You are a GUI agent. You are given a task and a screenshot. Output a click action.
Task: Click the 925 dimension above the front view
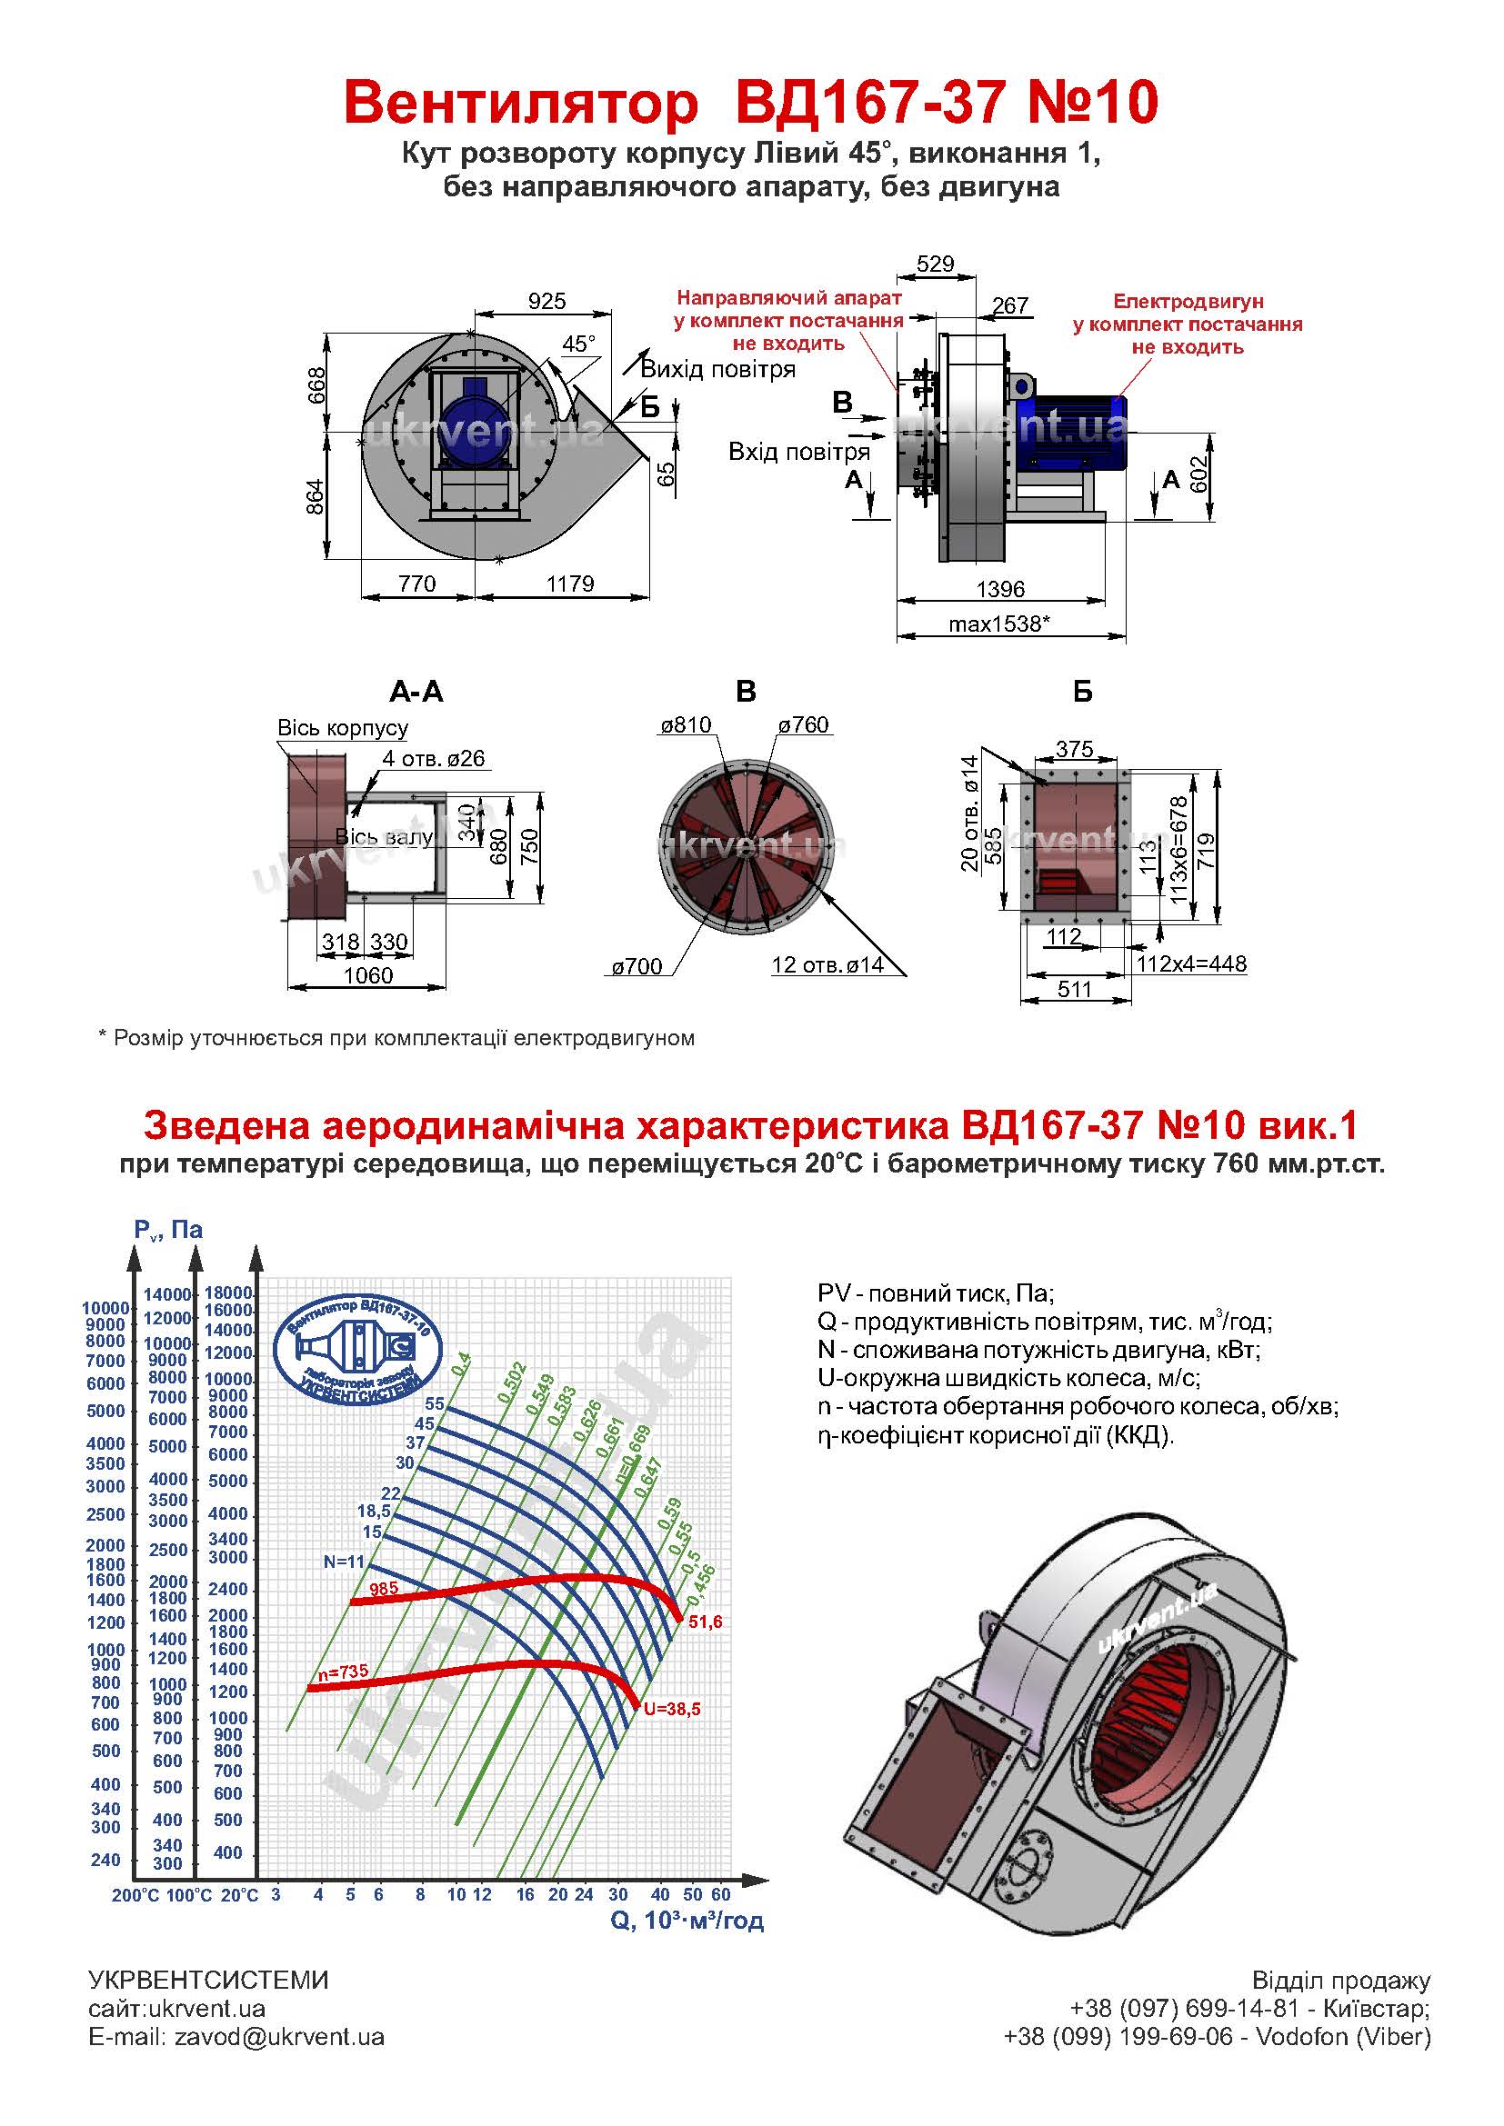546,301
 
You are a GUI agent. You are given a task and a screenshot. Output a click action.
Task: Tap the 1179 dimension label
569,584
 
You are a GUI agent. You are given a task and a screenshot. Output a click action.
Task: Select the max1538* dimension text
999,624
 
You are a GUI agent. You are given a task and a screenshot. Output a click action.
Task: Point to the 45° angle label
579,344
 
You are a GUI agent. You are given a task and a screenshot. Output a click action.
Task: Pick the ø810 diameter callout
686,725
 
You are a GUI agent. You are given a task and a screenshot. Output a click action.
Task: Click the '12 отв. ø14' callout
827,965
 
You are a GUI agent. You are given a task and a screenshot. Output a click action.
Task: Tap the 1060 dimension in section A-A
367,975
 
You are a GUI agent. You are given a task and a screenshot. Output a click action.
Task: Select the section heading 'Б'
1082,692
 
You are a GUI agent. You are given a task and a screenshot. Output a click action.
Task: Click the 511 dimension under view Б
1074,989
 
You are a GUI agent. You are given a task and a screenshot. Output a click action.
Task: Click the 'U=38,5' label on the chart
672,1709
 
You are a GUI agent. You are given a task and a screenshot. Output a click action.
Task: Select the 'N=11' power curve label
345,1562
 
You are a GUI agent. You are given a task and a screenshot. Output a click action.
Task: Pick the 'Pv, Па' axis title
168,1230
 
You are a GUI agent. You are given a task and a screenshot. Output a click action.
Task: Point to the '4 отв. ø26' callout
434,758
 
